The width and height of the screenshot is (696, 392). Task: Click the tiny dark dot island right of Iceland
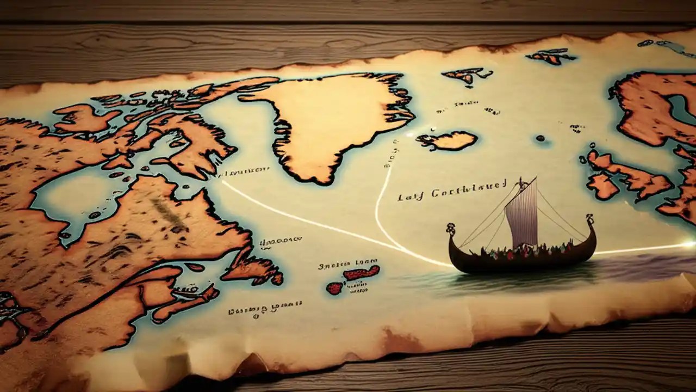click(x=540, y=138)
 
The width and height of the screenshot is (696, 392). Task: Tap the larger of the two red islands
click(x=362, y=272)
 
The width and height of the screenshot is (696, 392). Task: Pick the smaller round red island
click(x=334, y=288)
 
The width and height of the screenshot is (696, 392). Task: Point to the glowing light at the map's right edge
click(x=689, y=244)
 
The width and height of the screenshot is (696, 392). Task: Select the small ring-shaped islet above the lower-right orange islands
click(x=591, y=146)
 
